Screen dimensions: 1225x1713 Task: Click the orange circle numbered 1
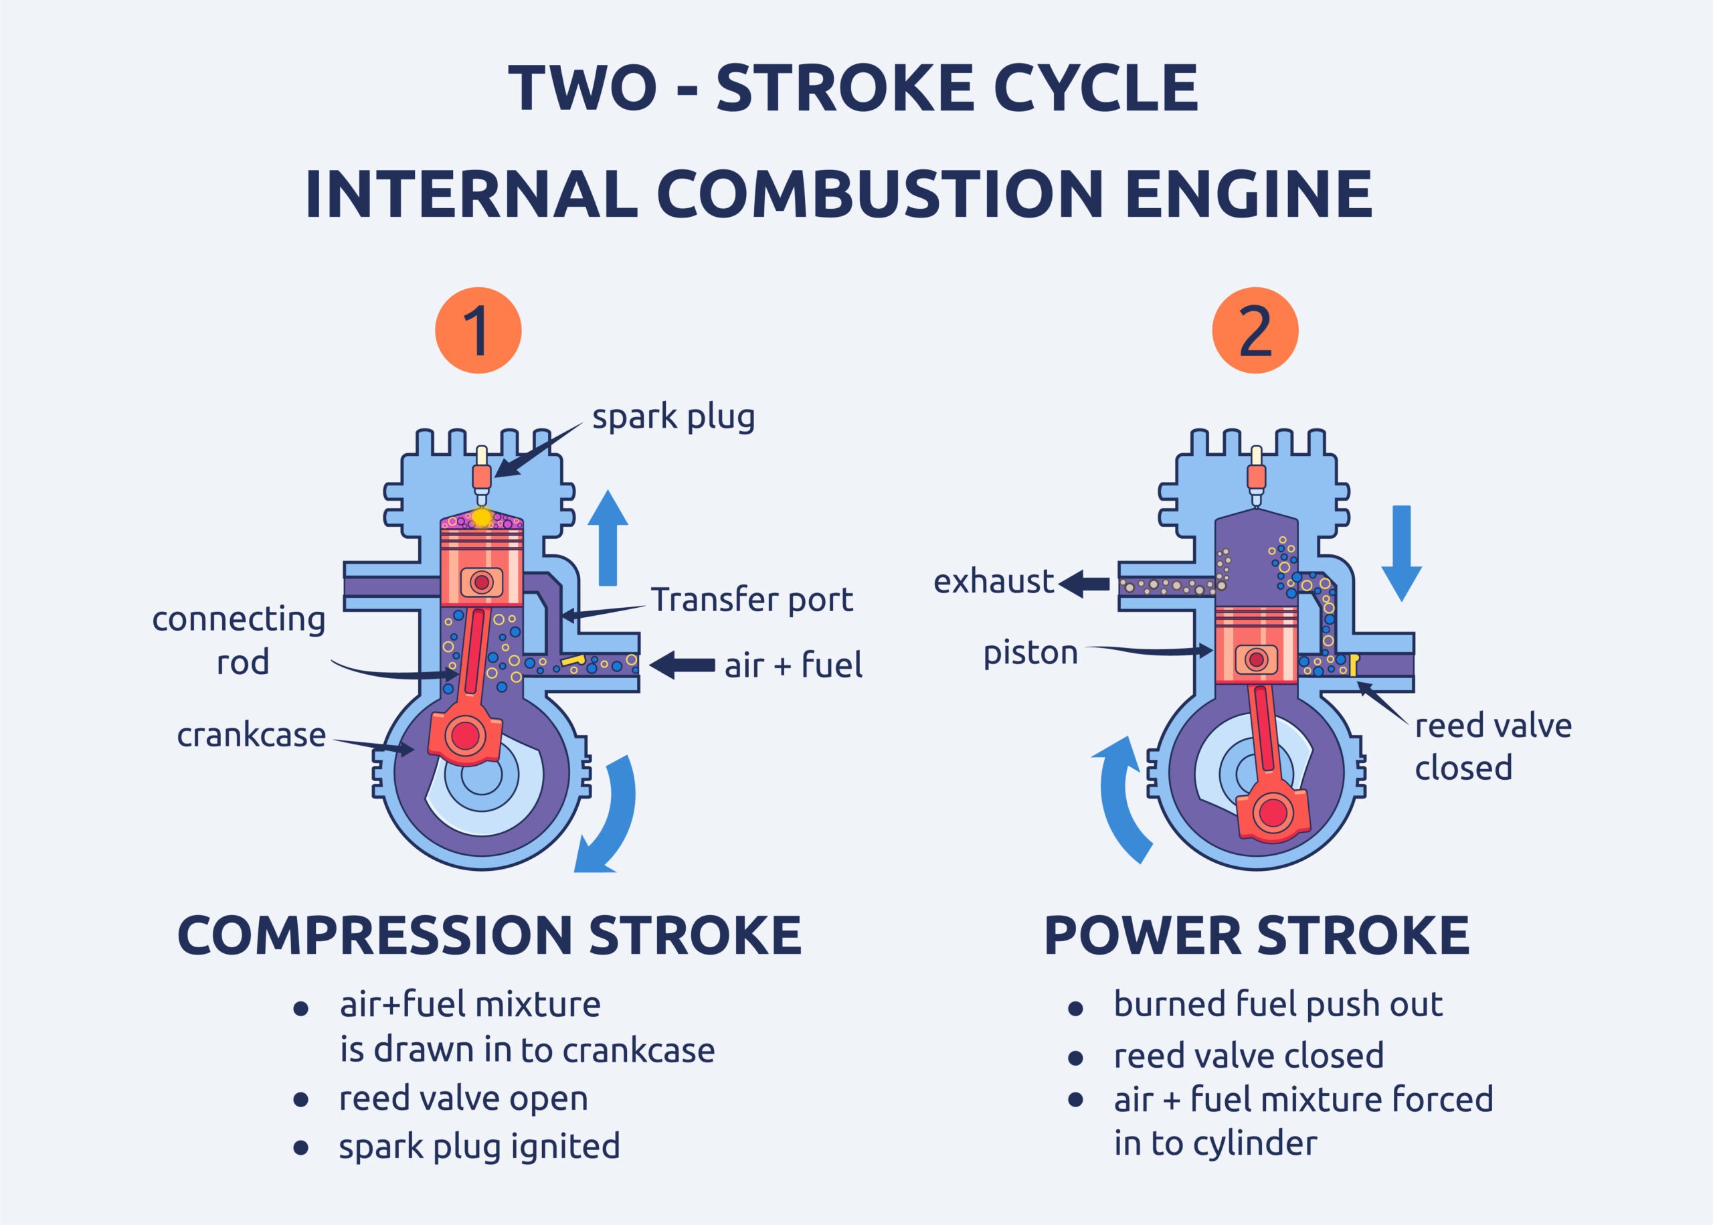pyautogui.click(x=478, y=331)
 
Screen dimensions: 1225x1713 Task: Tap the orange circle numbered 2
pyautogui.click(x=1255, y=331)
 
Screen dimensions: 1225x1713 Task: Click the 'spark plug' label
pyautogui.click(x=672, y=416)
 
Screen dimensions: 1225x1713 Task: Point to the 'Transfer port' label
pyautogui.click(x=751, y=600)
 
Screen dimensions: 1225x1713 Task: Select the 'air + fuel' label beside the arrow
pyautogui.click(x=793, y=665)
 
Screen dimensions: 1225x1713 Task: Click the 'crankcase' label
pyautogui.click(x=251, y=735)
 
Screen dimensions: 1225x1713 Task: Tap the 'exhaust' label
pyautogui.click(x=993, y=582)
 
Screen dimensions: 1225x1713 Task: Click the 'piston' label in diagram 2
pyautogui.click(x=1030, y=653)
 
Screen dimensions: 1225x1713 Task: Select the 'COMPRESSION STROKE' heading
pyautogui.click(x=489, y=935)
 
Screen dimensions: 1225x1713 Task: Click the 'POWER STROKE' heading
pyautogui.click(x=1257, y=935)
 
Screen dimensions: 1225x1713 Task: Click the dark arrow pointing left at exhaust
pyautogui.click(x=1084, y=583)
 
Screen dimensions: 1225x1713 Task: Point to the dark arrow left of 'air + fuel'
pyautogui.click(x=682, y=665)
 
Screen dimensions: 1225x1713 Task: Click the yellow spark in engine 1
pyautogui.click(x=481, y=518)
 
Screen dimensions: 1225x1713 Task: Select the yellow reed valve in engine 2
pyautogui.click(x=1354, y=664)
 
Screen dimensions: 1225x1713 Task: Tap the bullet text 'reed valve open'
pyautogui.click(x=463, y=1098)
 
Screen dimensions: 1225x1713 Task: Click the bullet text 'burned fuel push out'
pyautogui.click(x=1278, y=1004)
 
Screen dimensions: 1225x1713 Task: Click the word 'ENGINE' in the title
pyautogui.click(x=1248, y=194)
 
